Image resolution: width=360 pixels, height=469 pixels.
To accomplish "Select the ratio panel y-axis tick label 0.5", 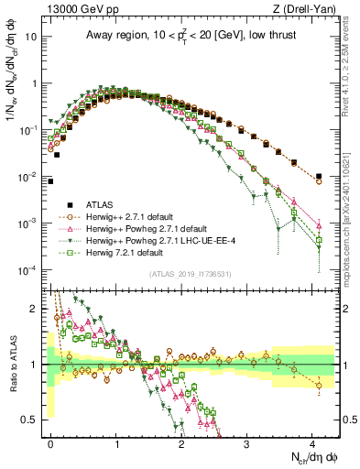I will coord(30,420).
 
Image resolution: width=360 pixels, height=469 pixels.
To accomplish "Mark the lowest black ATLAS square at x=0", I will coord(50,181).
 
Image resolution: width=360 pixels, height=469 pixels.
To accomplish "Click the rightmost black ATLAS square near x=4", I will coord(318,176).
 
